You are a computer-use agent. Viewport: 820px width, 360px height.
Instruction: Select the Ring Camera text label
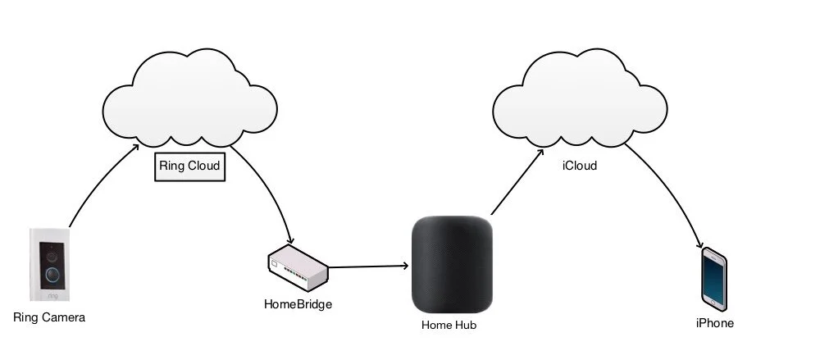coord(49,317)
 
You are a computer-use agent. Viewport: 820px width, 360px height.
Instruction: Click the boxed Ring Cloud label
coord(190,166)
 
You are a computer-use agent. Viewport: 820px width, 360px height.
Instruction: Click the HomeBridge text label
coord(298,304)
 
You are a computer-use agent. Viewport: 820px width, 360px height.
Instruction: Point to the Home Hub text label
coord(448,325)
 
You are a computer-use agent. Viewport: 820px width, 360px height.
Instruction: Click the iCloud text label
coord(579,166)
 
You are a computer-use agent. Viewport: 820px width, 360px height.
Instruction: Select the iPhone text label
coord(714,323)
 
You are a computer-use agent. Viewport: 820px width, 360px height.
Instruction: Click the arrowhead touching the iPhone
coord(699,244)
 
